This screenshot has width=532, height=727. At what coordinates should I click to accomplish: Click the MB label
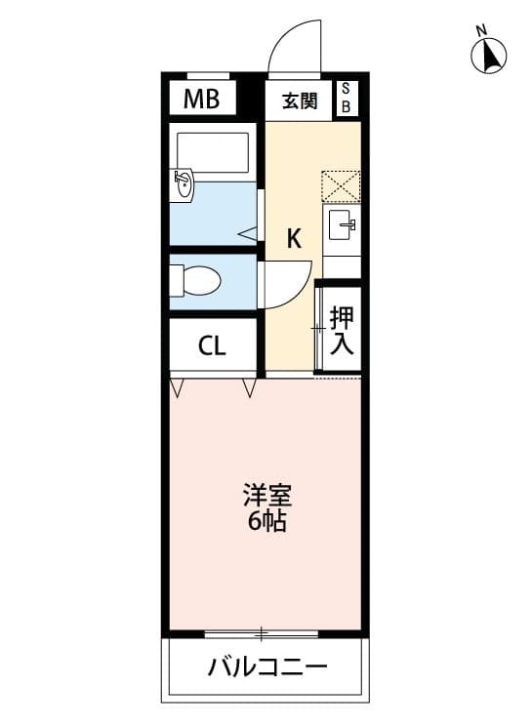coord(201,99)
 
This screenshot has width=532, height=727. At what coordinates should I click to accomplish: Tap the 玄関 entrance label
coord(300,101)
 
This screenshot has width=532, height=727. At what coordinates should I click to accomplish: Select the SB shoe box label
coord(346,98)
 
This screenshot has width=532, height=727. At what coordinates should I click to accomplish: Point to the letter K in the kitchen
coord(293,239)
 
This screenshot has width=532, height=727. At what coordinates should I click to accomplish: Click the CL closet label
coord(212,345)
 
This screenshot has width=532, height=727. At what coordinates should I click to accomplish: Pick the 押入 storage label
coord(342,330)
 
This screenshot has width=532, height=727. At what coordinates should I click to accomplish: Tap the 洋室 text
coord(267,496)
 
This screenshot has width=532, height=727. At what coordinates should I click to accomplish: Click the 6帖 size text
coord(266,522)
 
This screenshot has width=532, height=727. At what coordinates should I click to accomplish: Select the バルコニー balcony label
coord(267,667)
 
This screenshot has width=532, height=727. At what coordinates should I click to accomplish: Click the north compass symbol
coord(488,54)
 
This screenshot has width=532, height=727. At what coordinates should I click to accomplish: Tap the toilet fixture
coord(195,280)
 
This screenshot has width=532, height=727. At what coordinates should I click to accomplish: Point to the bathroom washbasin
coord(182,184)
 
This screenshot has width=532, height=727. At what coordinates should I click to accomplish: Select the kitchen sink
coord(342,224)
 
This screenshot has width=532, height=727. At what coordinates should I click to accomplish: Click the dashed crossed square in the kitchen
coord(342,186)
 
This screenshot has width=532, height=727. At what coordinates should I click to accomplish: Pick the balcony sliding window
coord(262,633)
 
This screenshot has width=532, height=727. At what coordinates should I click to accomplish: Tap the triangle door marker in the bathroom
coord(248,234)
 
